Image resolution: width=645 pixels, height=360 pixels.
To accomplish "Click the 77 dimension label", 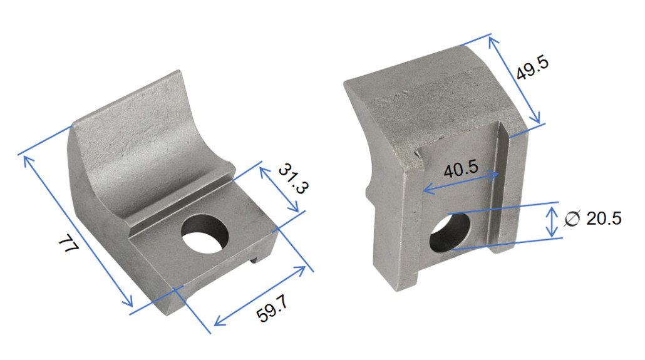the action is click(x=68, y=244).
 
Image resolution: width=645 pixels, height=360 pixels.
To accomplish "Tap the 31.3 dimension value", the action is click(x=293, y=178).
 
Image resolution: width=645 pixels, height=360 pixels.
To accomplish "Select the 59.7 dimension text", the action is click(x=272, y=308).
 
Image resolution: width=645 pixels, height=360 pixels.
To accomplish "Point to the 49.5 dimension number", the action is click(x=532, y=68).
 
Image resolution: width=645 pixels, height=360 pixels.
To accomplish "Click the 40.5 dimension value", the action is click(x=461, y=168).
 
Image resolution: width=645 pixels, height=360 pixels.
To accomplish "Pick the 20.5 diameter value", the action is click(x=604, y=219).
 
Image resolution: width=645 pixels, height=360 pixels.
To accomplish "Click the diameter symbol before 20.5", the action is click(x=572, y=219).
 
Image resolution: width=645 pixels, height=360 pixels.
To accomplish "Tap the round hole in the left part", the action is click(x=205, y=234).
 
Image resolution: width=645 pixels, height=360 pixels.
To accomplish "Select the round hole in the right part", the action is click(x=449, y=233).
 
